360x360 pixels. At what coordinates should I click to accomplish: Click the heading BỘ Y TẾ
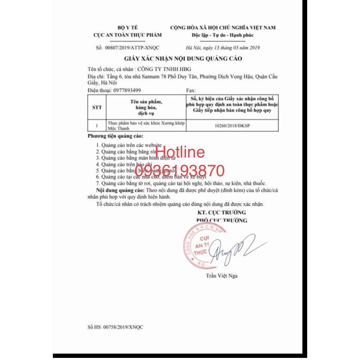(127, 27)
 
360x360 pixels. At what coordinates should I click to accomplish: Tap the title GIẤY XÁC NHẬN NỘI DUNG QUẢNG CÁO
(182, 58)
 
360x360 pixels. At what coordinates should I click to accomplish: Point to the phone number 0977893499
(127, 91)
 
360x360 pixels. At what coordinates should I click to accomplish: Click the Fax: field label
(190, 91)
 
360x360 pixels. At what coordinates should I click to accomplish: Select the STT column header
(97, 108)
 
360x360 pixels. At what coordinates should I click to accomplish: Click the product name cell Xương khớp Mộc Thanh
(146, 126)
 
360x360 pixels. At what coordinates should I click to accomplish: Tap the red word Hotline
(180, 152)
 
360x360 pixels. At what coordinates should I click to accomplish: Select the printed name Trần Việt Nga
(222, 276)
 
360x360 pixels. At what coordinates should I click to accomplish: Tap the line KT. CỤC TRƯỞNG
(222, 213)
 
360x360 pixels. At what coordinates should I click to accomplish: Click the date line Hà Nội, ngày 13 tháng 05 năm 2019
(223, 48)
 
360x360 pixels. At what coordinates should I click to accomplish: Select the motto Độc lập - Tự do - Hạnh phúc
(223, 35)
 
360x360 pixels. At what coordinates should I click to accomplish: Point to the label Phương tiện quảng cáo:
(116, 136)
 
